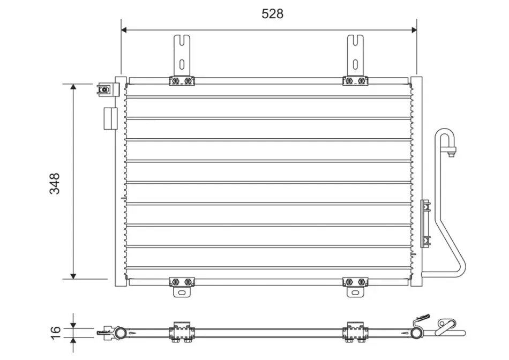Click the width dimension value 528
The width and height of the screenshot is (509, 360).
(272, 14)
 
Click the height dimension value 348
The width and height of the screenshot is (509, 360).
(55, 183)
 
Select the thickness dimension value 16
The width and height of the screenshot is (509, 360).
(56, 332)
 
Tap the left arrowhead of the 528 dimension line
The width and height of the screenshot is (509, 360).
(124, 30)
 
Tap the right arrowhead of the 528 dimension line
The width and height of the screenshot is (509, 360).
(414, 30)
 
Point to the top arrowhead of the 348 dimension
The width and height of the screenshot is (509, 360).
(73, 87)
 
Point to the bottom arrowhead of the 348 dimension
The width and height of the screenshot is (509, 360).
(73, 276)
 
